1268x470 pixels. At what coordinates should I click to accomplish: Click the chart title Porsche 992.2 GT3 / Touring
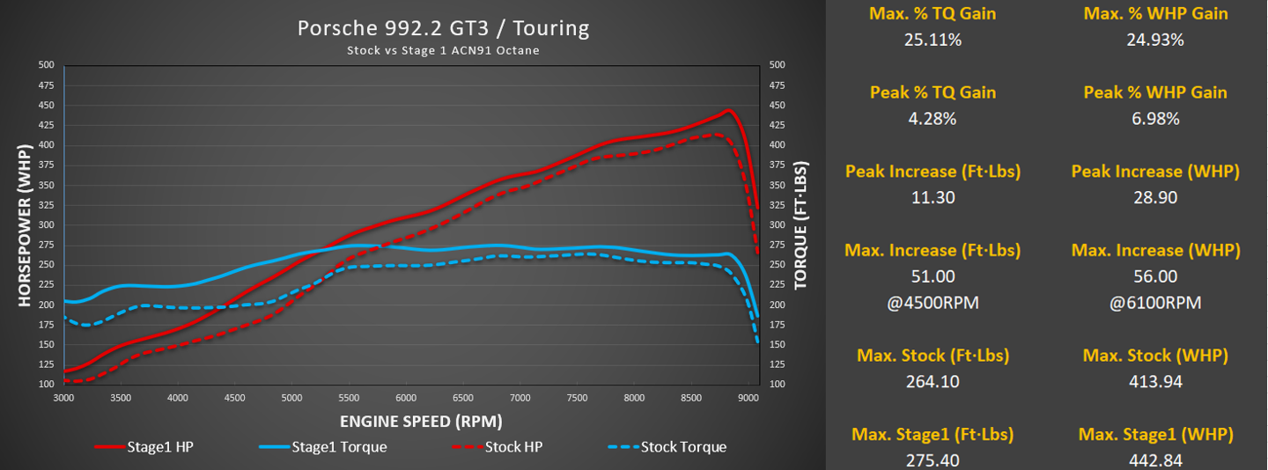pos(443,28)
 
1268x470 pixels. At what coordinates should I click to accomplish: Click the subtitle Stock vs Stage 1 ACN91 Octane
pos(443,50)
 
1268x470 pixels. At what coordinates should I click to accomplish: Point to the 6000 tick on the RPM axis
pos(405,398)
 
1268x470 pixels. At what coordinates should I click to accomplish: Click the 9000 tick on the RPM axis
pos(748,398)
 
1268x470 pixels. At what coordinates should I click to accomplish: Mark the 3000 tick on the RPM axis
pos(63,398)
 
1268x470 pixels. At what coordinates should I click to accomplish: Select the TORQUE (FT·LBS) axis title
pos(800,224)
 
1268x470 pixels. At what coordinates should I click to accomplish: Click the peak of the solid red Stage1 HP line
pos(728,111)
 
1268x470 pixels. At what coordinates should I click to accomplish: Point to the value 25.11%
pos(933,40)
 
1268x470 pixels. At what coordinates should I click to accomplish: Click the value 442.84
pos(1155,460)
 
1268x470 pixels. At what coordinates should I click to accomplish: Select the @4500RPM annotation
pos(933,303)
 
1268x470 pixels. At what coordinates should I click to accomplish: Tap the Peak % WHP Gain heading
pos(1155,92)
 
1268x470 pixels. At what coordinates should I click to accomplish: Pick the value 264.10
pos(933,382)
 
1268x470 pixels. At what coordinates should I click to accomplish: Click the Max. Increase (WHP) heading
pos(1155,251)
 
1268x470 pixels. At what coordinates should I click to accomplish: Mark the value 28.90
pos(1155,198)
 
